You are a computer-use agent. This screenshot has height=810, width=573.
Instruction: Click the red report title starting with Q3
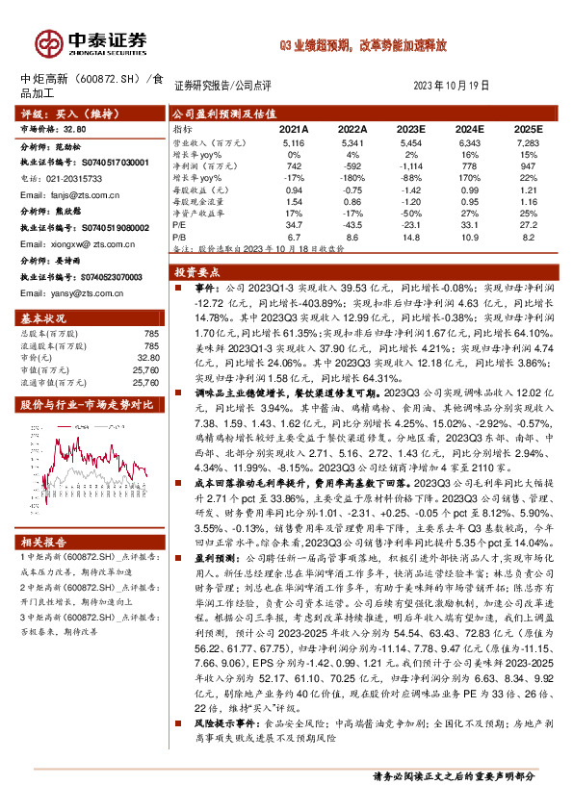pyautogui.click(x=363, y=44)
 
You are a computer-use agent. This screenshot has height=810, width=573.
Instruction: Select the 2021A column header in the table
pyautogui.click(x=294, y=128)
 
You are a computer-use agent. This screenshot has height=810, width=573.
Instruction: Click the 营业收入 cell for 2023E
pyautogui.click(x=411, y=141)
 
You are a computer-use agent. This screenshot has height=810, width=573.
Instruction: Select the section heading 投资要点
pyautogui.click(x=204, y=272)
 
